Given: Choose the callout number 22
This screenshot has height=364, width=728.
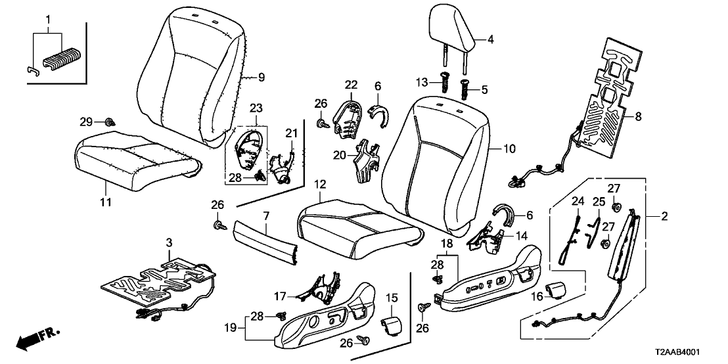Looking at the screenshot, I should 351,85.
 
